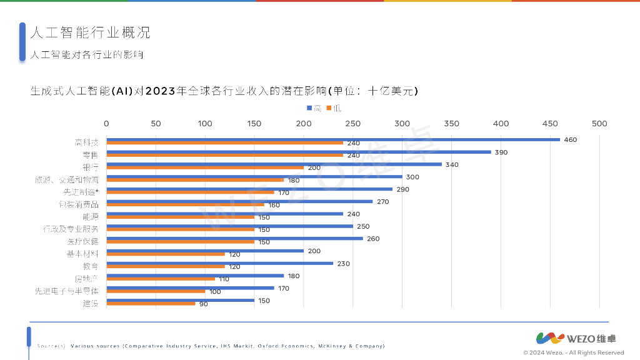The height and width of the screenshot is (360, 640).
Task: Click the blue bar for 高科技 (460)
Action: pyautogui.click(x=333, y=139)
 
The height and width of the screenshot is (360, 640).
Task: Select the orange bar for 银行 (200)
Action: pyautogui.click(x=205, y=167)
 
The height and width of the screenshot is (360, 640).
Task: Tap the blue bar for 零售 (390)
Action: pyautogui.click(x=299, y=152)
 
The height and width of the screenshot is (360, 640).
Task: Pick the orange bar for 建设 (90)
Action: pyautogui.click(x=151, y=304)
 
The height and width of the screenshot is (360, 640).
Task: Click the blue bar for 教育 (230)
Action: pyautogui.click(x=219, y=263)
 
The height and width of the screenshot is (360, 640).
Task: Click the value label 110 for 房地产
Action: pyautogui.click(x=223, y=279)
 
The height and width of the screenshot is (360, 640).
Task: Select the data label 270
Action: pyautogui.click(x=383, y=201)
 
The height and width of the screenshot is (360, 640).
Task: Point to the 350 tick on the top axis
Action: pyautogui.click(x=451, y=124)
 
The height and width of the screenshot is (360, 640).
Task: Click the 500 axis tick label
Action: pyautogui.click(x=599, y=124)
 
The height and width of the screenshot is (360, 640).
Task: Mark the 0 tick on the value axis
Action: pyautogui.click(x=106, y=124)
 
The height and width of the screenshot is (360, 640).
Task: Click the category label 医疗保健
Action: pyautogui.click(x=82, y=241)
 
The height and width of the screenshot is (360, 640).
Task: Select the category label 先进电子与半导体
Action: pyautogui.click(x=67, y=290)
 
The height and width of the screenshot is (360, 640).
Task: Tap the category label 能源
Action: pyautogui.click(x=90, y=216)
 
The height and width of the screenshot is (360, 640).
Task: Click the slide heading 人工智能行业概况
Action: pyautogui.click(x=90, y=32)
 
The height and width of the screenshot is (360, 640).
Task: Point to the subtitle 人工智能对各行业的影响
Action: pyautogui.click(x=87, y=55)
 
